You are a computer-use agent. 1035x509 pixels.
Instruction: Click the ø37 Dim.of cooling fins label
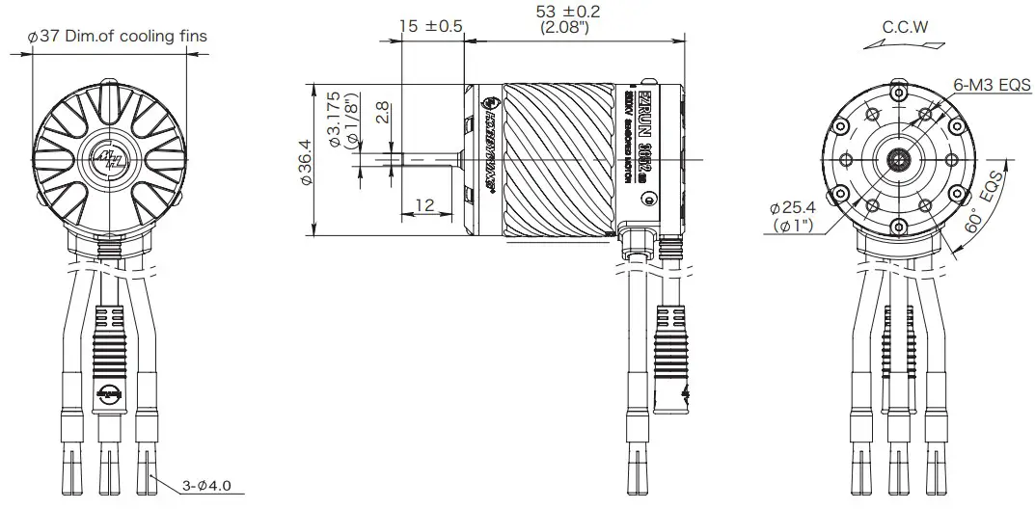point(117,36)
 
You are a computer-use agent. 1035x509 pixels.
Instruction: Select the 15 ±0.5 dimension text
point(431,26)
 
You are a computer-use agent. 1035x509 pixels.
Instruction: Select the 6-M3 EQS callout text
point(993,85)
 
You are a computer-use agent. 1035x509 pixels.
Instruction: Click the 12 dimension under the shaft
point(423,206)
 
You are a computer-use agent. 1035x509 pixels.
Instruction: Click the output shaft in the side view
point(424,159)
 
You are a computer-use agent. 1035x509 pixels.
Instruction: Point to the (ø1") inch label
point(794,226)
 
